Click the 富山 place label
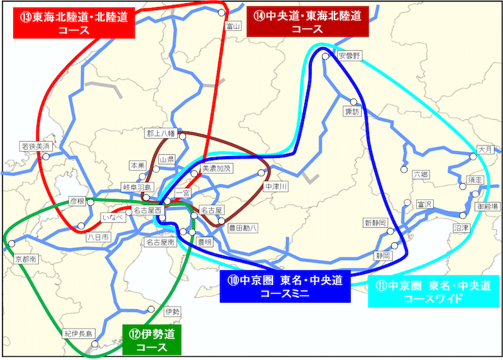234,26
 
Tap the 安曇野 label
349,55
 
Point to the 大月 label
485,150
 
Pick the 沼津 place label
462,227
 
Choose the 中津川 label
275,187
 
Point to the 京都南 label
25,259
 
